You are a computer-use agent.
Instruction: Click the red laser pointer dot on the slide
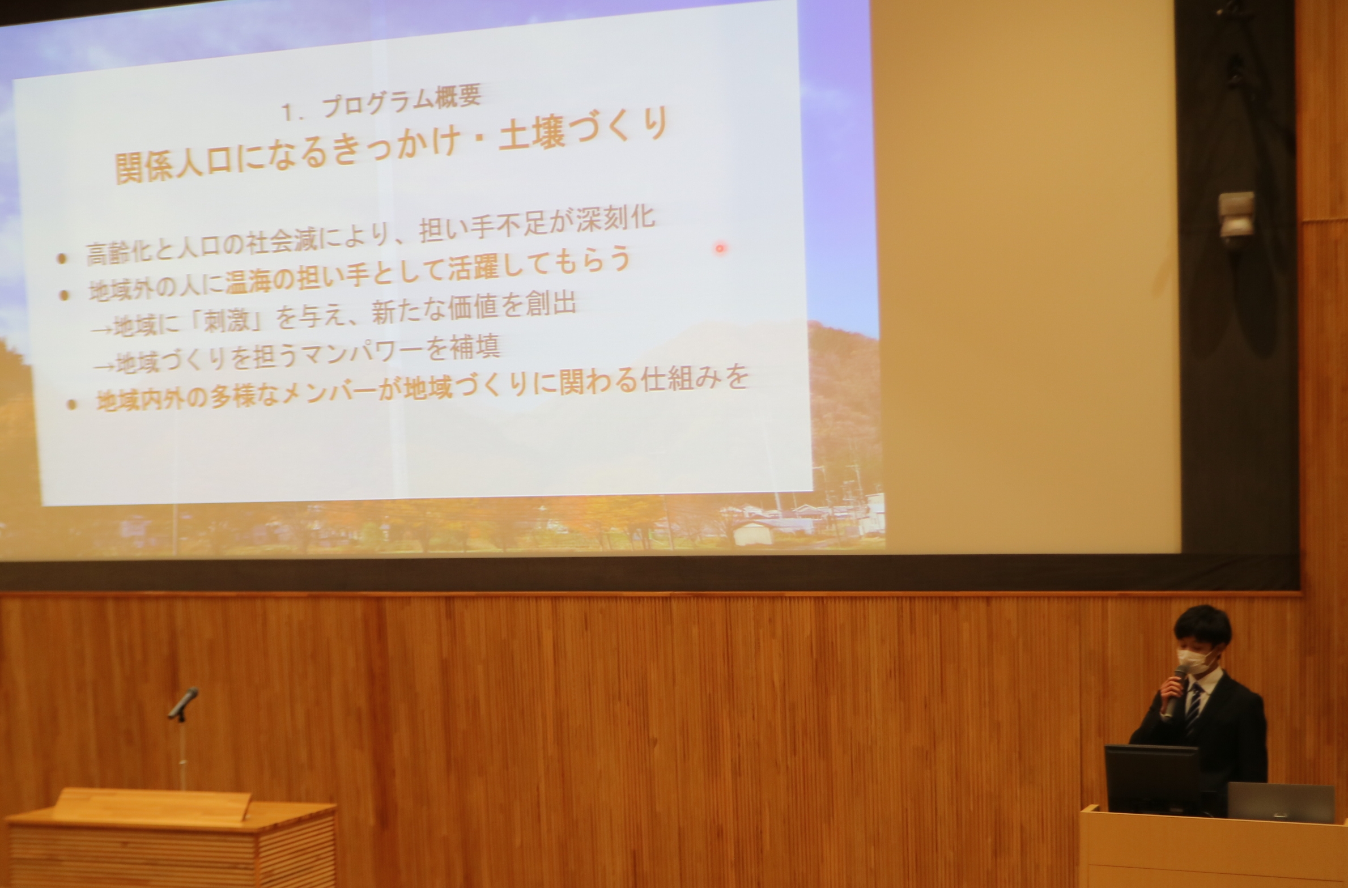pyautogui.click(x=720, y=248)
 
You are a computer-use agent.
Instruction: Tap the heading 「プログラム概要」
pyautogui.click(x=401, y=100)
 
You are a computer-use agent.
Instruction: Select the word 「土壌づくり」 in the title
pyautogui.click(x=584, y=132)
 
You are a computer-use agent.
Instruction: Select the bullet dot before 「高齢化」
pyautogui.click(x=62, y=258)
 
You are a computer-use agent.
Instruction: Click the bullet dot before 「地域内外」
pyautogui.click(x=71, y=404)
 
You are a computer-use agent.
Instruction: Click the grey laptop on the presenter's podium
pyautogui.click(x=1279, y=802)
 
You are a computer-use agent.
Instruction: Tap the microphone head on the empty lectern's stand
pyautogui.click(x=183, y=703)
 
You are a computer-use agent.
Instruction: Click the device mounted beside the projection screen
pyautogui.click(x=1237, y=215)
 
